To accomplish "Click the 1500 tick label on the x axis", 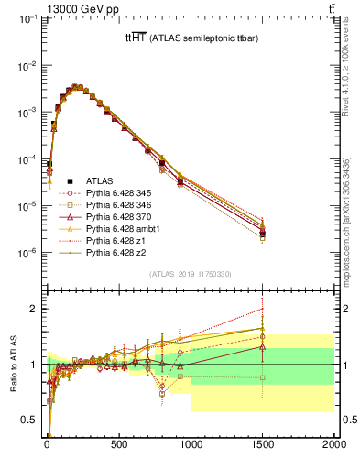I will pyautogui.click(x=262, y=446).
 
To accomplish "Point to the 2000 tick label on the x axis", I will pyautogui.click(x=333, y=446).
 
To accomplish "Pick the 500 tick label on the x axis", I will pyautogui.click(x=119, y=446).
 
